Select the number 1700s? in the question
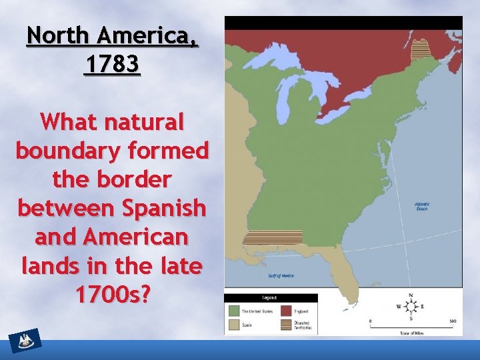click(112, 294)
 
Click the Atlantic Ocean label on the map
click(421, 206)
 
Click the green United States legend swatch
click(234, 311)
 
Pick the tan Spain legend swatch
click(234, 325)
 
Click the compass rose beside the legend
click(411, 307)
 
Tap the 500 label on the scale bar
click(452, 321)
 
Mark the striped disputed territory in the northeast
click(420, 50)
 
